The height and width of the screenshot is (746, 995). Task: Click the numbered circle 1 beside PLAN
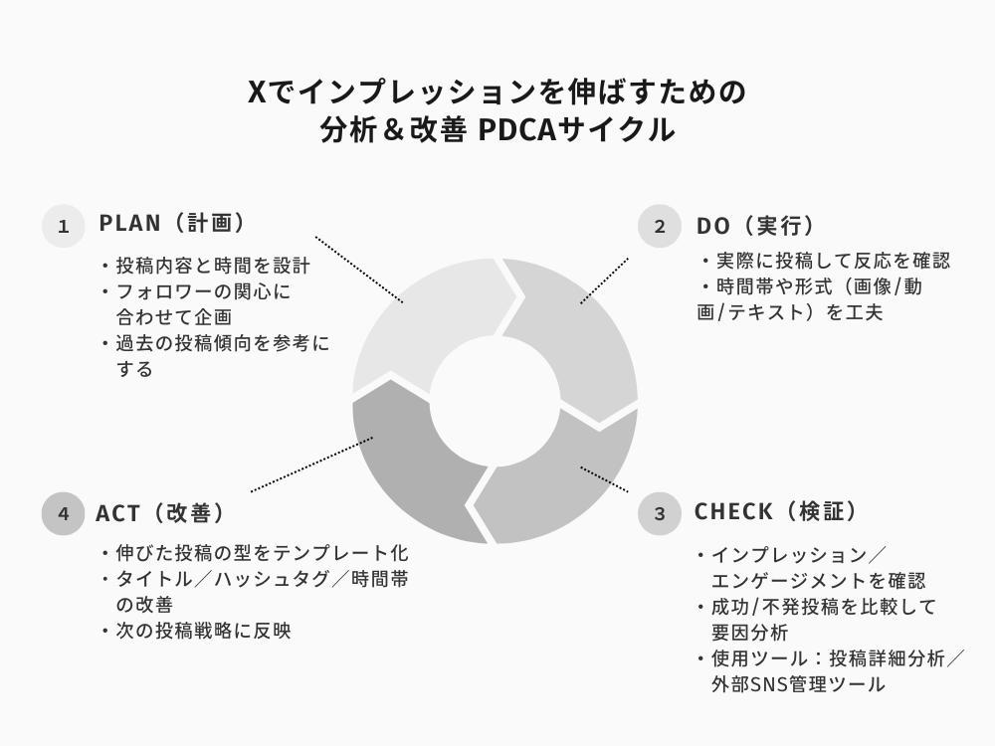point(64,226)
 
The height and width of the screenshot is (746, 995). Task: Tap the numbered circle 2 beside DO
point(660,226)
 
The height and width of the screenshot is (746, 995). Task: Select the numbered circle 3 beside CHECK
point(660,513)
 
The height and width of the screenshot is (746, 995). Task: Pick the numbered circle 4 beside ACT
point(64,513)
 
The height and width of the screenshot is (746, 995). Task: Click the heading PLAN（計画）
point(173,223)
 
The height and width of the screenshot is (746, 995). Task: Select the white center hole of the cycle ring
point(495,401)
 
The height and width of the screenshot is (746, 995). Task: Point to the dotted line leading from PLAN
point(359,270)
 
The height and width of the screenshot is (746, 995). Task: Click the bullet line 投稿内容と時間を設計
point(213,266)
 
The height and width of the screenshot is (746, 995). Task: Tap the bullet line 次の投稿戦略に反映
point(203,631)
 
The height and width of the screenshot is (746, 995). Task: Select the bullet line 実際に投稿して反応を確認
point(833,261)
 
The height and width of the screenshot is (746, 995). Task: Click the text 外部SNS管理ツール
point(798,684)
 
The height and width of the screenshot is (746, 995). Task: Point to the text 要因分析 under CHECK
point(749,633)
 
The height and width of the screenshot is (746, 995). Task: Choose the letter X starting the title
point(256,92)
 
